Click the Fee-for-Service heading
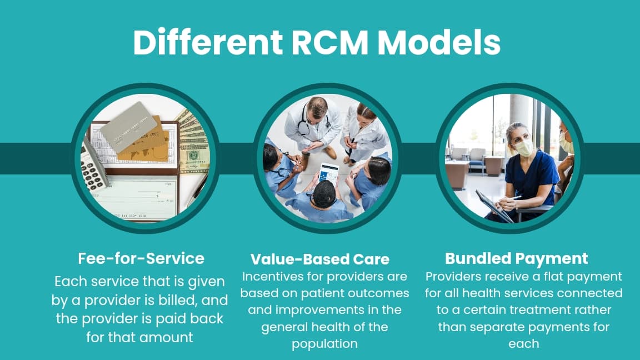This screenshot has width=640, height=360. coord(141,258)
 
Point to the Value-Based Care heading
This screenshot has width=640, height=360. coord(319,259)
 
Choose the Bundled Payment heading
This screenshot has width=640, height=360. coord(516,258)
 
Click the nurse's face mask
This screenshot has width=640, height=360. coord(523,147)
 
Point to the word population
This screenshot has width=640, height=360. coord(325,344)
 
